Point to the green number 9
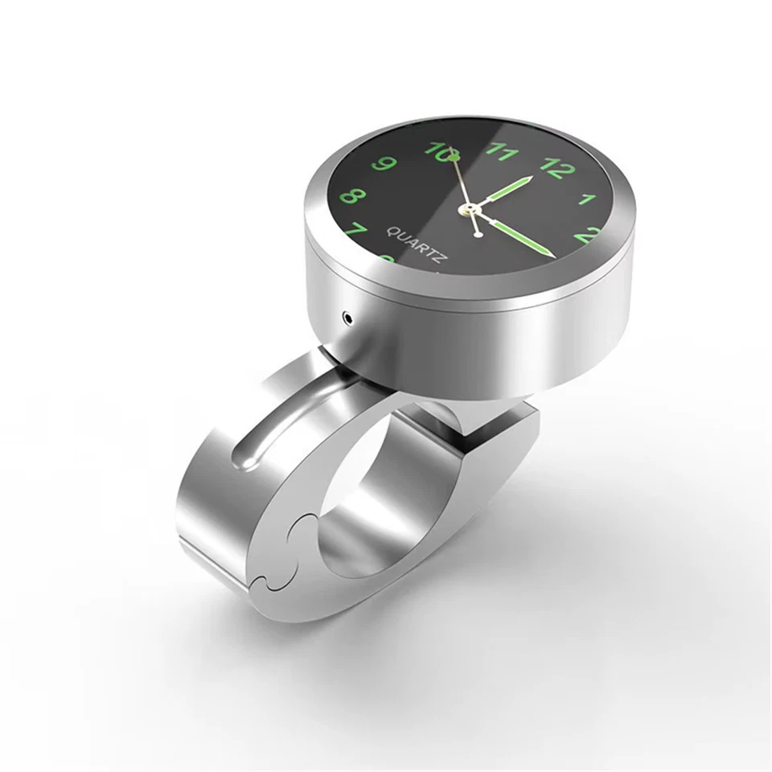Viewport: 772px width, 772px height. tap(386, 165)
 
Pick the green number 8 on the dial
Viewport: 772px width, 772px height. tap(352, 195)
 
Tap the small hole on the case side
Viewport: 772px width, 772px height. tap(347, 316)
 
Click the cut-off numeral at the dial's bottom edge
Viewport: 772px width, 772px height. tap(388, 259)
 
